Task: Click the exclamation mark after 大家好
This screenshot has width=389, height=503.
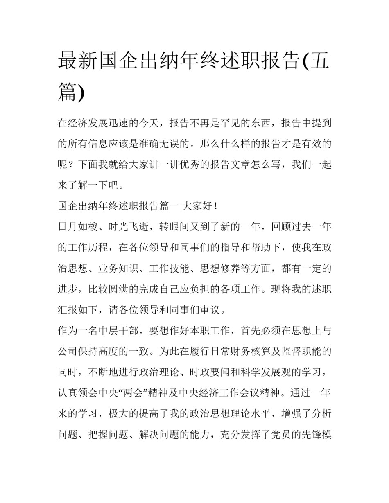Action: coord(216,206)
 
